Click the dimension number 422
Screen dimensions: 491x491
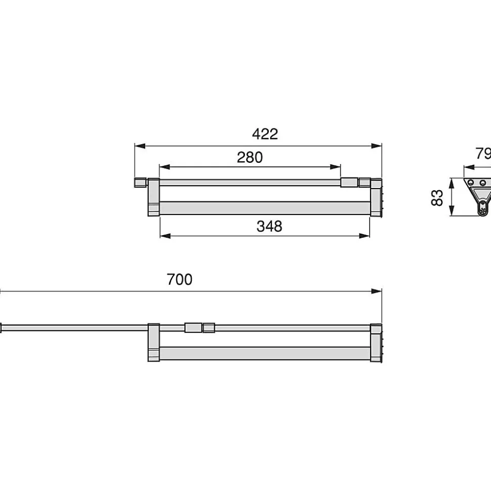[265, 134]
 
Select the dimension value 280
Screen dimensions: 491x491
[250, 157]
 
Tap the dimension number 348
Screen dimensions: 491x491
[269, 226]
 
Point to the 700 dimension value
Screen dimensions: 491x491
[179, 279]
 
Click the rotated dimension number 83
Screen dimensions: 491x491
[437, 198]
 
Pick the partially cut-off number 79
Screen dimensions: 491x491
[483, 153]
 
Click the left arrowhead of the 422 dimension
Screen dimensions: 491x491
[140, 146]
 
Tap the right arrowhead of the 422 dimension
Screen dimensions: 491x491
[376, 146]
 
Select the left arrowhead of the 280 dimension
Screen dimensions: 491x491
[165, 167]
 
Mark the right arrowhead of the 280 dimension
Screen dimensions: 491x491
[335, 167]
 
